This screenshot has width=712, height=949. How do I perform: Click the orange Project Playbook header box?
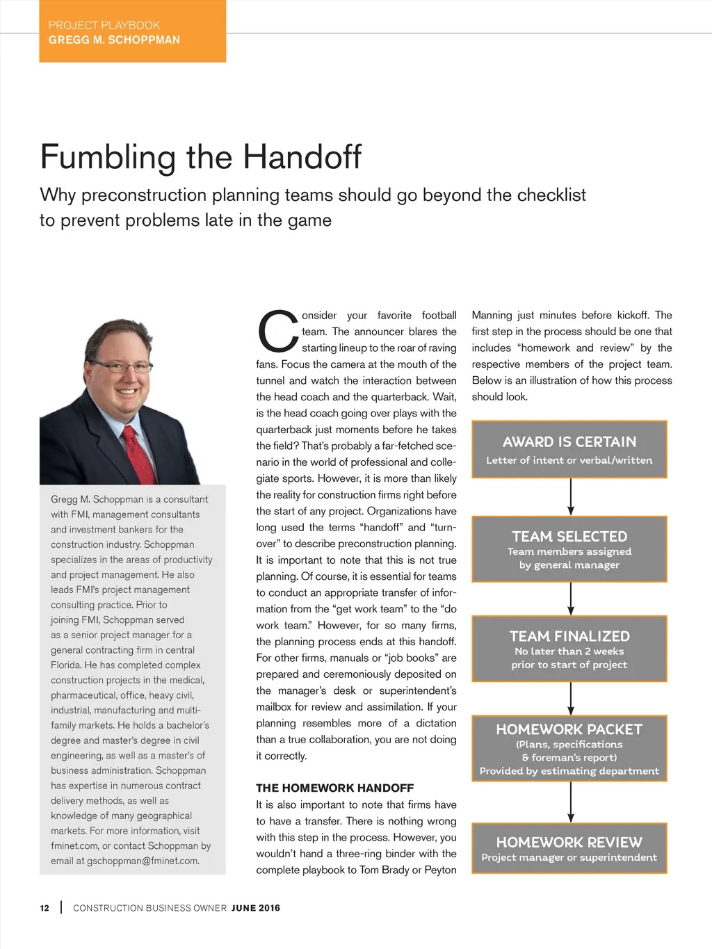(132, 31)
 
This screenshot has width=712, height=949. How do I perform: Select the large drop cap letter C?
(277, 332)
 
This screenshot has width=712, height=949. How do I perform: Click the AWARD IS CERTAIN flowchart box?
(569, 449)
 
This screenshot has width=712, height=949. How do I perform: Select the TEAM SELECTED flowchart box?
(569, 549)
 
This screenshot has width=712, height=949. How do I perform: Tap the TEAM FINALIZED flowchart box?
(569, 649)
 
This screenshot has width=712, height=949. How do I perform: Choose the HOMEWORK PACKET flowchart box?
(569, 748)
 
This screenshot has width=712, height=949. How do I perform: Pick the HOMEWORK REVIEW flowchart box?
(569, 848)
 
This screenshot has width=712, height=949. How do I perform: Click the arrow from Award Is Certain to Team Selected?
(571, 496)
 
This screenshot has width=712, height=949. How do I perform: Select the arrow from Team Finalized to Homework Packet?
(571, 698)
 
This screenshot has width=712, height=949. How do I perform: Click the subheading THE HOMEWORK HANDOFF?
(334, 788)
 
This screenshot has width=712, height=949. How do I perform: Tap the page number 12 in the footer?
(44, 908)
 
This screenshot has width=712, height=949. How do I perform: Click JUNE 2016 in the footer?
(255, 908)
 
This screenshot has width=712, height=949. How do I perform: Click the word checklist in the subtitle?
(546, 195)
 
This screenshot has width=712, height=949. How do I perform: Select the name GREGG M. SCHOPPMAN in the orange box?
(114, 40)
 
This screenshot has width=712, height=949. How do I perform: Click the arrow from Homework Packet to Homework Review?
(571, 802)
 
